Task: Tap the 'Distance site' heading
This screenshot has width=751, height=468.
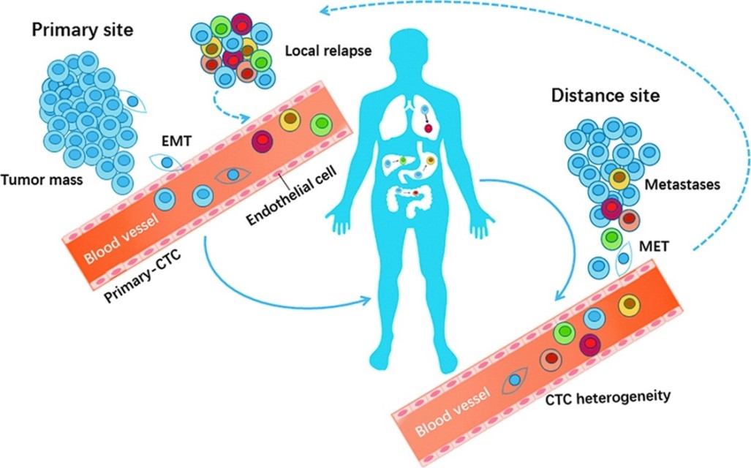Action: click(605, 95)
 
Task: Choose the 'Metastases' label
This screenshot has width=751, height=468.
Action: click(683, 185)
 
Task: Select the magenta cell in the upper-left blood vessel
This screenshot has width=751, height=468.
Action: click(262, 141)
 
